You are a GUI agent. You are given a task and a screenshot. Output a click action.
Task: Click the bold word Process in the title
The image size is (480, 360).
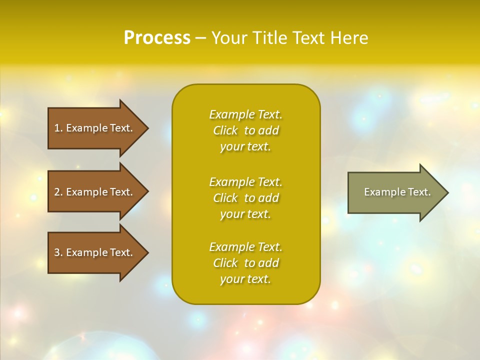157,37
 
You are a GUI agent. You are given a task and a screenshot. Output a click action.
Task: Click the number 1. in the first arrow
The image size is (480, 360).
58,128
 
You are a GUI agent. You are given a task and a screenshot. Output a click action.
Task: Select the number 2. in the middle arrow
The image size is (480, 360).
58,192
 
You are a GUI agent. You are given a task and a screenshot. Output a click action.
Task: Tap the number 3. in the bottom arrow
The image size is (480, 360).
58,252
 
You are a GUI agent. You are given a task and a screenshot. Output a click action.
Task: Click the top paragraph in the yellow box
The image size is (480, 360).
245,130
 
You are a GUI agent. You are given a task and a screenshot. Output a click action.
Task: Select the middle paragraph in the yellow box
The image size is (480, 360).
245,197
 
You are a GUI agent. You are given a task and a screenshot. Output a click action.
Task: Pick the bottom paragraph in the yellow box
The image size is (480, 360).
245,263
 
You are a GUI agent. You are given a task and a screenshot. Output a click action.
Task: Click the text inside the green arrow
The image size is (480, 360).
397,192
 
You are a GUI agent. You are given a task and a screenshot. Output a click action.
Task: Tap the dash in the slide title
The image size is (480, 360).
200,38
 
